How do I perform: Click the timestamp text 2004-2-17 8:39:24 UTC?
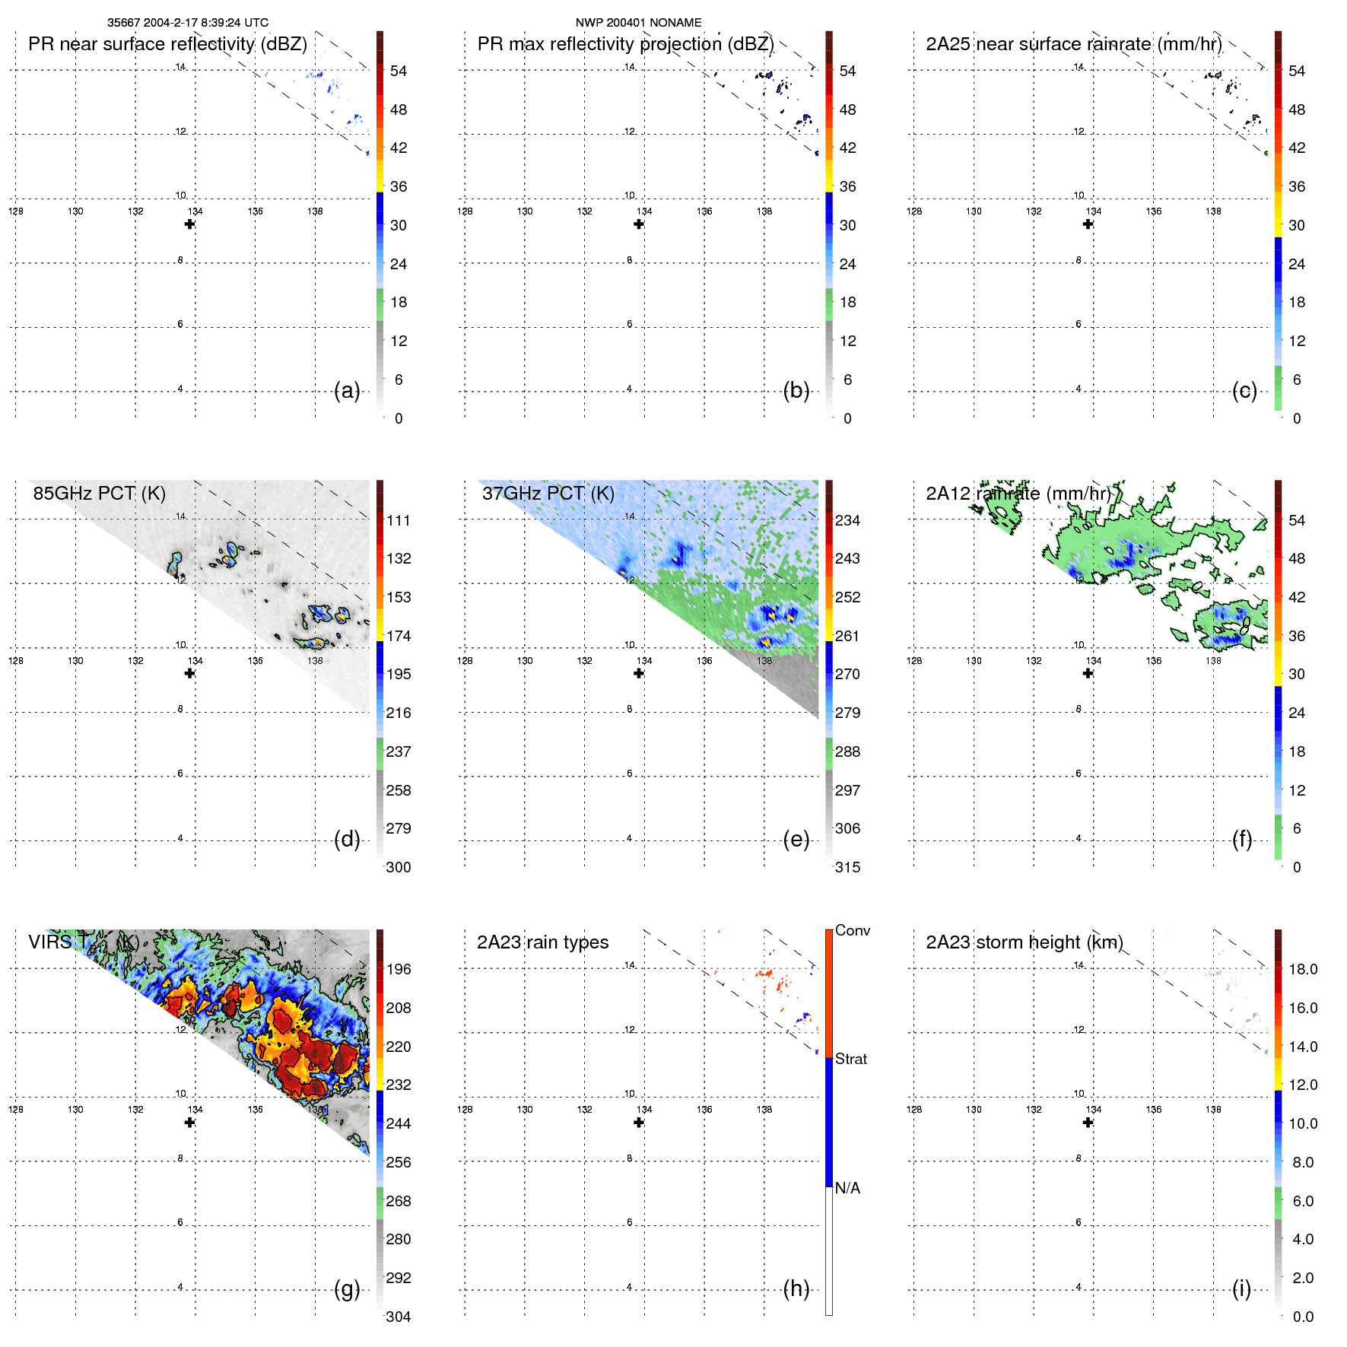click(x=205, y=23)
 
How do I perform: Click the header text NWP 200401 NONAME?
click(x=638, y=23)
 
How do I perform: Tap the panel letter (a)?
click(x=347, y=391)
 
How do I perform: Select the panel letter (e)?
click(x=796, y=840)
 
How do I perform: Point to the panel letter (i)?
click(x=1241, y=1288)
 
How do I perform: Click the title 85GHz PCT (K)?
click(x=99, y=493)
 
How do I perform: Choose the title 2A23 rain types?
click(x=542, y=942)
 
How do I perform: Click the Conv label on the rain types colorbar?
click(x=852, y=930)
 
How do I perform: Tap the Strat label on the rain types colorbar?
click(x=850, y=1059)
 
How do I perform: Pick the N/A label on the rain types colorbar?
click(x=847, y=1188)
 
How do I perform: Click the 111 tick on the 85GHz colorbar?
click(x=399, y=520)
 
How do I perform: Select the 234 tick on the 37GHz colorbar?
click(x=847, y=520)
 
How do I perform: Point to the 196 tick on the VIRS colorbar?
click(x=399, y=969)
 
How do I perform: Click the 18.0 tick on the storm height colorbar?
click(x=1303, y=969)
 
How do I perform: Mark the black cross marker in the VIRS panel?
click(x=189, y=1123)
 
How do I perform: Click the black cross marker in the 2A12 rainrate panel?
click(x=1088, y=673)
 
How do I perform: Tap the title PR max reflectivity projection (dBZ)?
click(x=625, y=44)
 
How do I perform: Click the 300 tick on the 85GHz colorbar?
click(x=399, y=867)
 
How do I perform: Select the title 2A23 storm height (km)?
click(x=1025, y=942)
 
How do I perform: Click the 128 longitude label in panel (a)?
click(x=16, y=211)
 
